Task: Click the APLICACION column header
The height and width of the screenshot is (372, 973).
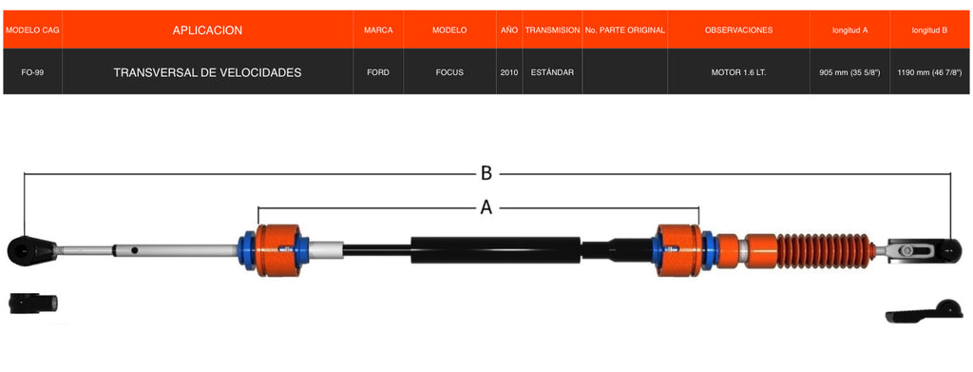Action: pyautogui.click(x=207, y=30)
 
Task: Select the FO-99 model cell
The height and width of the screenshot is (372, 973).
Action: pyautogui.click(x=32, y=72)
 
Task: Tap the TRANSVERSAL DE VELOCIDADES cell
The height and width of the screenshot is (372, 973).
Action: pyautogui.click(x=207, y=72)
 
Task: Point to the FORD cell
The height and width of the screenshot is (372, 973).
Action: pyautogui.click(x=378, y=72)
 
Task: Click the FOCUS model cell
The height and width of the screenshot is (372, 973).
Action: pyautogui.click(x=449, y=72)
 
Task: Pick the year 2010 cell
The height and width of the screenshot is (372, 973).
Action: pyautogui.click(x=509, y=72)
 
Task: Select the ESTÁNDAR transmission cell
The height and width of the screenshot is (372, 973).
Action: pyautogui.click(x=552, y=72)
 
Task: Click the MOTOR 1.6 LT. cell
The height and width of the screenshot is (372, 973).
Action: pyautogui.click(x=738, y=72)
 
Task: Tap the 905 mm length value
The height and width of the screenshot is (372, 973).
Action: pyautogui.click(x=849, y=72)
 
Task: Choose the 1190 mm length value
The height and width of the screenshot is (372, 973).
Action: pyautogui.click(x=929, y=72)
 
